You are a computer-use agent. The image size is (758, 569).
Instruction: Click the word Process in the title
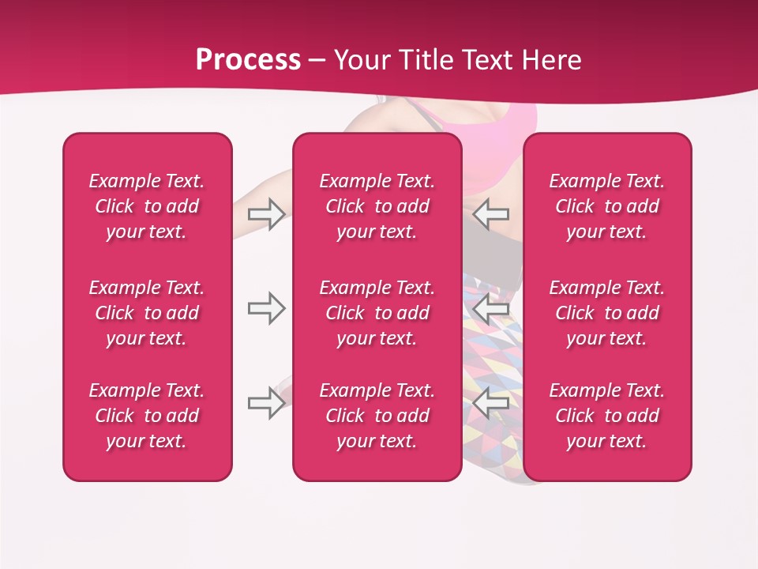[248, 60]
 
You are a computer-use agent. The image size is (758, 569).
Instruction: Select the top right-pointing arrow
[266, 214]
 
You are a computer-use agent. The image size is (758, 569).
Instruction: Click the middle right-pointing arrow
[266, 308]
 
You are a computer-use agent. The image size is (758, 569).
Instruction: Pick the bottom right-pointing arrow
[266, 403]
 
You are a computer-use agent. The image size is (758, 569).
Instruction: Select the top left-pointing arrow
[491, 214]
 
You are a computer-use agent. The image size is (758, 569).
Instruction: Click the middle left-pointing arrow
[491, 308]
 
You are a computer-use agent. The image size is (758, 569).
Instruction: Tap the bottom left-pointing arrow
[491, 403]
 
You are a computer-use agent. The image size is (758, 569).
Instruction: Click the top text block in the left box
[147, 206]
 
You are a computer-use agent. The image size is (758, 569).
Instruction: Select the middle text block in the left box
[147, 313]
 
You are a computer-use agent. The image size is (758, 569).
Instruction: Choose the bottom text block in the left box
[147, 416]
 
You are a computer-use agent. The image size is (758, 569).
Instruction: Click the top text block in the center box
[377, 206]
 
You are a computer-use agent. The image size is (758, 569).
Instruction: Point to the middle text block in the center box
[377, 313]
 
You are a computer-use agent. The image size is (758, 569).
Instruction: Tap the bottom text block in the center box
[377, 416]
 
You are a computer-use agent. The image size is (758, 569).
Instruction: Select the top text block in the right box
[606, 206]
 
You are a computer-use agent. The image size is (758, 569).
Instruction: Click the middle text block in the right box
[606, 313]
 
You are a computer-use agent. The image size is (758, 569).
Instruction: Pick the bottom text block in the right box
[606, 416]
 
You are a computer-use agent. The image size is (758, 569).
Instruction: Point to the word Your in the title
[362, 60]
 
